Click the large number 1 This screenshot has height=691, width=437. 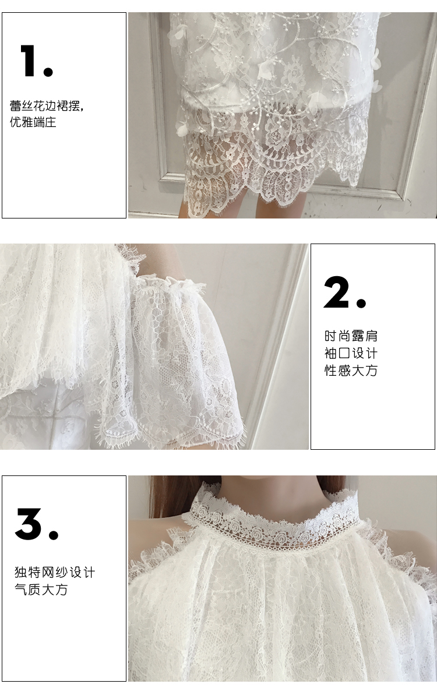tap(30, 61)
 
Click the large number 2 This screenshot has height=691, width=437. tap(337, 292)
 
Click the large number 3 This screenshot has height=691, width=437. tap(30, 524)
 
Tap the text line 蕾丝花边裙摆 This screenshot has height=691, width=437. tap(47, 106)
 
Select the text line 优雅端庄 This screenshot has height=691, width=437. tap(33, 122)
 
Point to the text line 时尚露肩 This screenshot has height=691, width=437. tap(351, 336)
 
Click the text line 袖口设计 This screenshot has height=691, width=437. tap(351, 353)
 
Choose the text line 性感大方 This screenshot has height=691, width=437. tap(351, 370)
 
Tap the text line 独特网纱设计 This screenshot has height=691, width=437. tap(55, 573)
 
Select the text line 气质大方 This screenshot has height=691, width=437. tap(41, 589)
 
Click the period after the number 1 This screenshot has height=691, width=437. tap(48, 72)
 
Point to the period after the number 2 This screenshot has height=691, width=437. tap(361, 303)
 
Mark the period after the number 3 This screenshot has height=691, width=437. tap(53, 534)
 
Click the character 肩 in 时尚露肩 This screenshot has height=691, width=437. tap(371, 336)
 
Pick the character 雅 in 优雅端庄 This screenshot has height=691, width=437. tap(27, 122)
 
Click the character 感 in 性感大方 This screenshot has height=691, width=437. tap(344, 370)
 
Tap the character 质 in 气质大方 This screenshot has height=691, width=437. tap(34, 589)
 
